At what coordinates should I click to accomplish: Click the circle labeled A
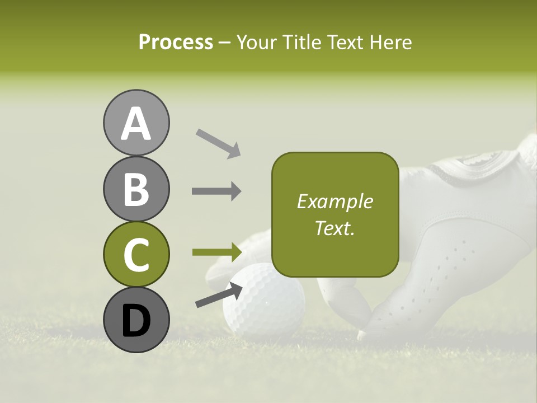coord(136,123)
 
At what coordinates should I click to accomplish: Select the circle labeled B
coord(136,189)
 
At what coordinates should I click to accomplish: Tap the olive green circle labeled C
coord(136,254)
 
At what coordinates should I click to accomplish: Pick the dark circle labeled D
coord(136,320)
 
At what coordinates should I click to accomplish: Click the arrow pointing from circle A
coord(218,143)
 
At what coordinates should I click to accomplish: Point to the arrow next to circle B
coord(216,191)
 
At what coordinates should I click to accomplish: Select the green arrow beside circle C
coord(216,252)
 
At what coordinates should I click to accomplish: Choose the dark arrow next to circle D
coord(219,295)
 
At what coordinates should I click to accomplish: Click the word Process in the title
coord(176,42)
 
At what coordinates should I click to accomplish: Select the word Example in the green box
coord(335,201)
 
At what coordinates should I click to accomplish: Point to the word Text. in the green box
coord(335,228)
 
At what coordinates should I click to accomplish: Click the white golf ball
coord(264,299)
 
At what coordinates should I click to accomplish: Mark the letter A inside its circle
coord(136,124)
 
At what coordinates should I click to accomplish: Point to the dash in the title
coord(225,43)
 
